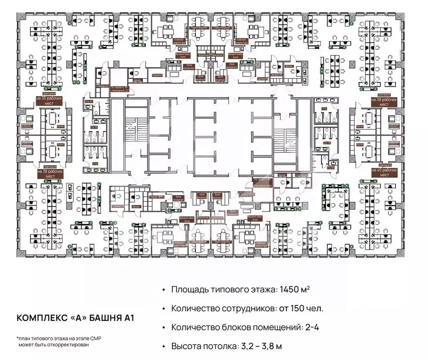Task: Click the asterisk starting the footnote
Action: pos(18,338)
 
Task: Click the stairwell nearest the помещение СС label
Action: pos(130,132)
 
